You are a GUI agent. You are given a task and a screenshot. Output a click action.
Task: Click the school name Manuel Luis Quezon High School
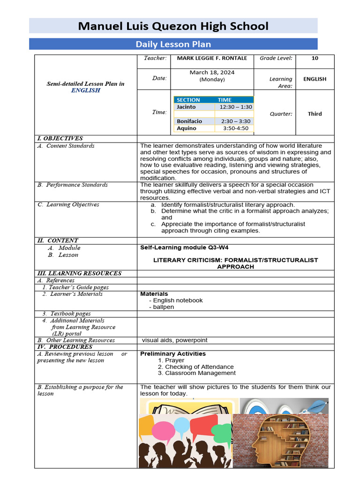[173, 26]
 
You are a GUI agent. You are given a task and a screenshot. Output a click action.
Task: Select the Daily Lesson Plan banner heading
[173, 44]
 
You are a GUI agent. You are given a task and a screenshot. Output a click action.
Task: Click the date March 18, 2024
[212, 73]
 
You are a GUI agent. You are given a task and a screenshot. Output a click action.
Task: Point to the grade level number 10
[315, 58]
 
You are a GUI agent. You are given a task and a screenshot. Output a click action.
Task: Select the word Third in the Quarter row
[315, 114]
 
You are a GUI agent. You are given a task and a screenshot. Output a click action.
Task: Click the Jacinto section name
[186, 107]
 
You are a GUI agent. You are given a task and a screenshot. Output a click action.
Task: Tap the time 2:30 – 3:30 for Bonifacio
[236, 121]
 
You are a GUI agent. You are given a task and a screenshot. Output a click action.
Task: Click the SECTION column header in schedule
[188, 100]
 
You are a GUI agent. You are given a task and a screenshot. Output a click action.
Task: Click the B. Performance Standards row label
[73, 185]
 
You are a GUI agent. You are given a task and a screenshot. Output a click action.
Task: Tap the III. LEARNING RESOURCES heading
[79, 273]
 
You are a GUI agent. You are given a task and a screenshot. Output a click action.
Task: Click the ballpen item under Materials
[163, 307]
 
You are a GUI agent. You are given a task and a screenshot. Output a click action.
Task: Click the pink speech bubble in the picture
[164, 429]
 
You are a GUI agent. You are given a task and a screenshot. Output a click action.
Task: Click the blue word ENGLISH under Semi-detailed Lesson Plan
[85, 90]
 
